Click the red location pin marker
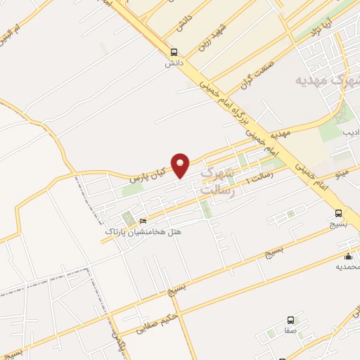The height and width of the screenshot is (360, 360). tap(181, 165)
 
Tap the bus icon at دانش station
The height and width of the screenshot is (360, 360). tap(174, 51)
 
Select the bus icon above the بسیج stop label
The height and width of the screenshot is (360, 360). tap(338, 213)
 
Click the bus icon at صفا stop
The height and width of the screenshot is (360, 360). tap(290, 321)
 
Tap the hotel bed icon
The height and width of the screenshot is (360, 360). tap(144, 221)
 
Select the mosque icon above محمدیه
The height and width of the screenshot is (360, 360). tap(348, 257)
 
